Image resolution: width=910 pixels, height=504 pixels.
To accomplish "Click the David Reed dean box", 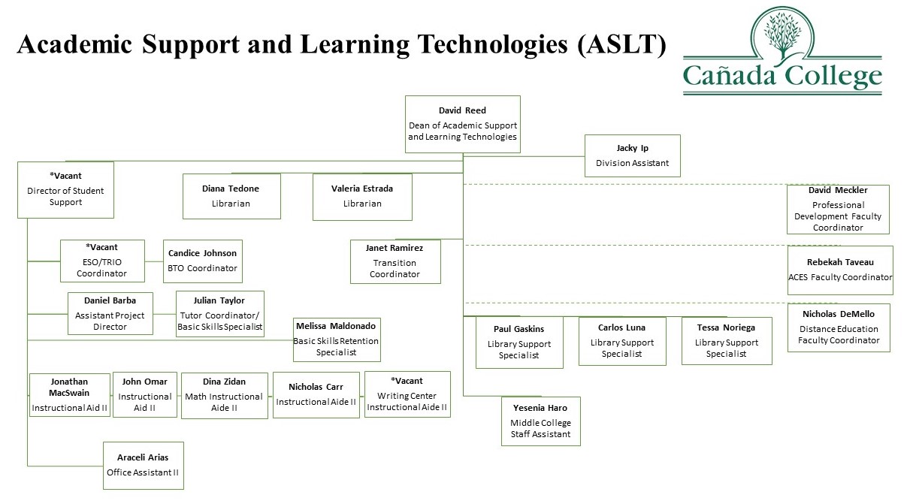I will tap(462, 124).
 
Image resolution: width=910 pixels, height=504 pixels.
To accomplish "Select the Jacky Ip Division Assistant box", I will tap(632, 155).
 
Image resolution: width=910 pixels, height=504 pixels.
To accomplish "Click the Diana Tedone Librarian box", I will tap(231, 196).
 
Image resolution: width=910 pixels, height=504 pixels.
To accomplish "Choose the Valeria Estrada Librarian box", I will tap(362, 197).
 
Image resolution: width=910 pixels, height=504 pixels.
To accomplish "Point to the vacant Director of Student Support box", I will tap(65, 190).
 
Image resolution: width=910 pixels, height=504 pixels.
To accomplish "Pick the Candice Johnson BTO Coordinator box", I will tap(202, 261).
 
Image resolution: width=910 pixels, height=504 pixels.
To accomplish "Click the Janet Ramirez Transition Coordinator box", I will tap(395, 261).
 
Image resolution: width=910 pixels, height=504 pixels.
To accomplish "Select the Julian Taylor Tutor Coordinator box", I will tap(219, 313).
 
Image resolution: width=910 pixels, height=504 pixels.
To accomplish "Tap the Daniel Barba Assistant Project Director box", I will tap(110, 313).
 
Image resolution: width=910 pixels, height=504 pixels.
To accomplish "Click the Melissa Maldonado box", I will tap(336, 339).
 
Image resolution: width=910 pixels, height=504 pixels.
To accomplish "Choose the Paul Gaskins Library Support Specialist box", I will tap(518, 342).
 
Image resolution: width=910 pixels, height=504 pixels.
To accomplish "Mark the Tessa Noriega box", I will tap(726, 340).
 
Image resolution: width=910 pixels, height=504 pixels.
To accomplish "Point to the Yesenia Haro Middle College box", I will tap(540, 421).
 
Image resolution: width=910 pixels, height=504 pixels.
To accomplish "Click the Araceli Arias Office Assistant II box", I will tap(143, 466).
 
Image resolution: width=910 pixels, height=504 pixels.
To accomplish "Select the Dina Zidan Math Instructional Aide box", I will tap(224, 394).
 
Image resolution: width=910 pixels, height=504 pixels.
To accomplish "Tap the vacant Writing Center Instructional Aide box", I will tap(407, 394).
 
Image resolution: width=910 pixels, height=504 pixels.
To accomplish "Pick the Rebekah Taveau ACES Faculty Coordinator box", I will tap(839, 270).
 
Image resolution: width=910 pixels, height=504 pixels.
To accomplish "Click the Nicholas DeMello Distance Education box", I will tap(838, 328).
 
